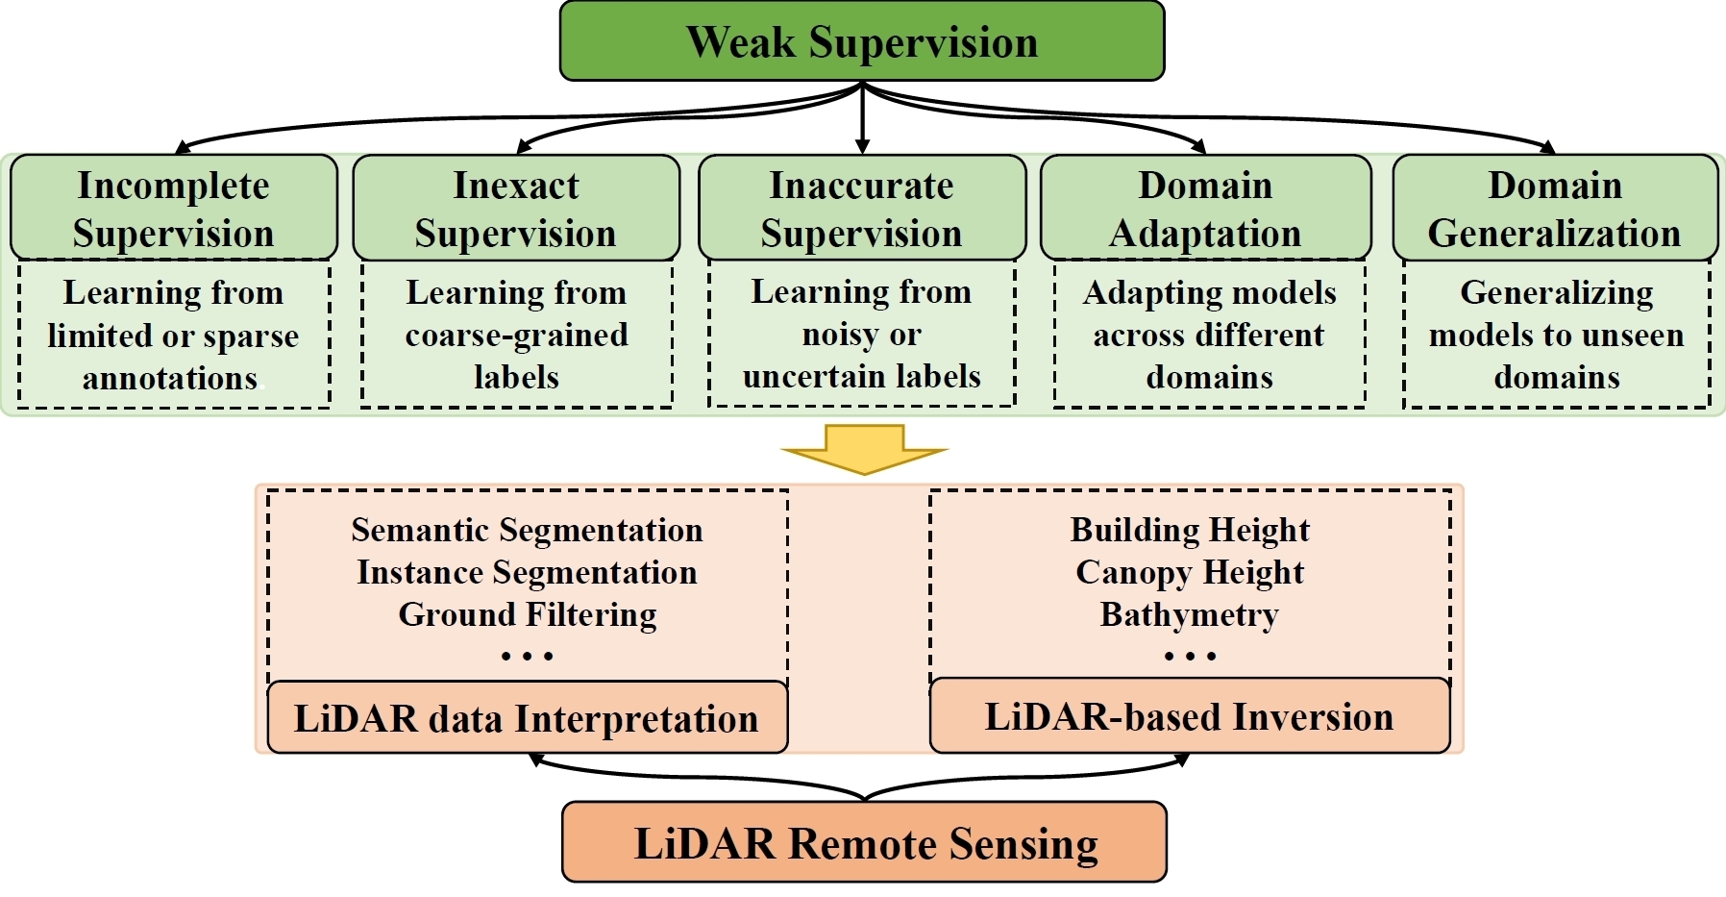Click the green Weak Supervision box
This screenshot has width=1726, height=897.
tap(862, 41)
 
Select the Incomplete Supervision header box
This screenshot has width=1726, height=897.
tap(174, 209)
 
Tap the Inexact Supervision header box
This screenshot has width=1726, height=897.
tap(516, 209)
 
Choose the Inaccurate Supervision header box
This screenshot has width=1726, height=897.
tap(862, 209)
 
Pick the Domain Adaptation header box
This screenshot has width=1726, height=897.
tap(1205, 209)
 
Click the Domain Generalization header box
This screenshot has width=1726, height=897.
tap(1555, 209)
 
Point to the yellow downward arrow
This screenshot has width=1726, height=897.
tap(864, 449)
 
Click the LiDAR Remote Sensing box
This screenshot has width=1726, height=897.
tap(864, 842)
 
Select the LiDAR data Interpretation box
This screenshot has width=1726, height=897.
tap(527, 718)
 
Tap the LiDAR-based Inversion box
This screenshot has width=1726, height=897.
tap(1190, 716)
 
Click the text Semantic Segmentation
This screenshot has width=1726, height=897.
tap(527, 530)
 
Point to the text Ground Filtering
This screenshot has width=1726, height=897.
tap(527, 614)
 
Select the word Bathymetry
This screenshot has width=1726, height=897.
tap(1190, 614)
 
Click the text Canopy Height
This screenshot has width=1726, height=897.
tap(1190, 572)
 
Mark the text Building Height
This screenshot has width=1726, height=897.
tap(1190, 530)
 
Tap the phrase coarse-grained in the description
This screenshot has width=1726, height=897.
tap(516, 335)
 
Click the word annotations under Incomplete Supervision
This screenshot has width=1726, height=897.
tap(170, 378)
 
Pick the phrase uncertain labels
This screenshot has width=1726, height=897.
tap(862, 376)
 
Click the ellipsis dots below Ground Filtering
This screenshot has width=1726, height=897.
tap(527, 657)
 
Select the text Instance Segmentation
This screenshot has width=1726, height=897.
tap(527, 572)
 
